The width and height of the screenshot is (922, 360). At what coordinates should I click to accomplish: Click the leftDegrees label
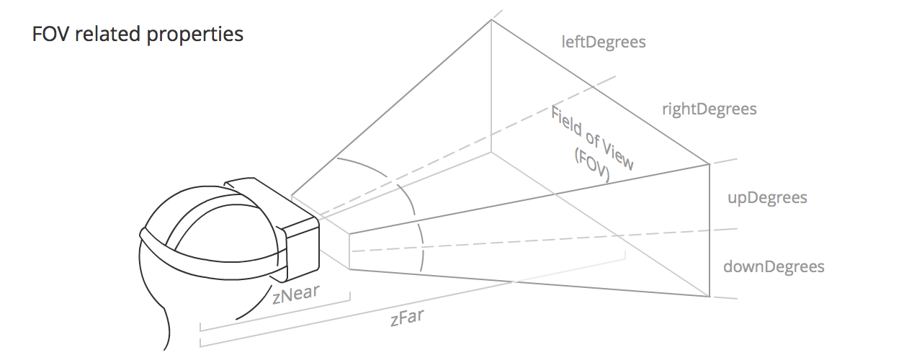[x=603, y=42]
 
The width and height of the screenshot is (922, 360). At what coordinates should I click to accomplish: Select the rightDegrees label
[x=709, y=109]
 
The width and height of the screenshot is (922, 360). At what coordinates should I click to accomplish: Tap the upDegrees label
[x=766, y=198]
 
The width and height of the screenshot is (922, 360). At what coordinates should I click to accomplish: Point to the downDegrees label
[x=774, y=267]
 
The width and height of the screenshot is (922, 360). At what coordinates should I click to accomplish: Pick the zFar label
[x=406, y=318]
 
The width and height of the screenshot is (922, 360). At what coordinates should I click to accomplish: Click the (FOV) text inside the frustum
[x=592, y=167]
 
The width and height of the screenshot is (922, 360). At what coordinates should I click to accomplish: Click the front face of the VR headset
[x=303, y=248]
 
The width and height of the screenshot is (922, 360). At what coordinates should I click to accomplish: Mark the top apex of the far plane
[x=491, y=20]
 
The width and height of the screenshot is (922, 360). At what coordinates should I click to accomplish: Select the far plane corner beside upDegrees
[x=710, y=165]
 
